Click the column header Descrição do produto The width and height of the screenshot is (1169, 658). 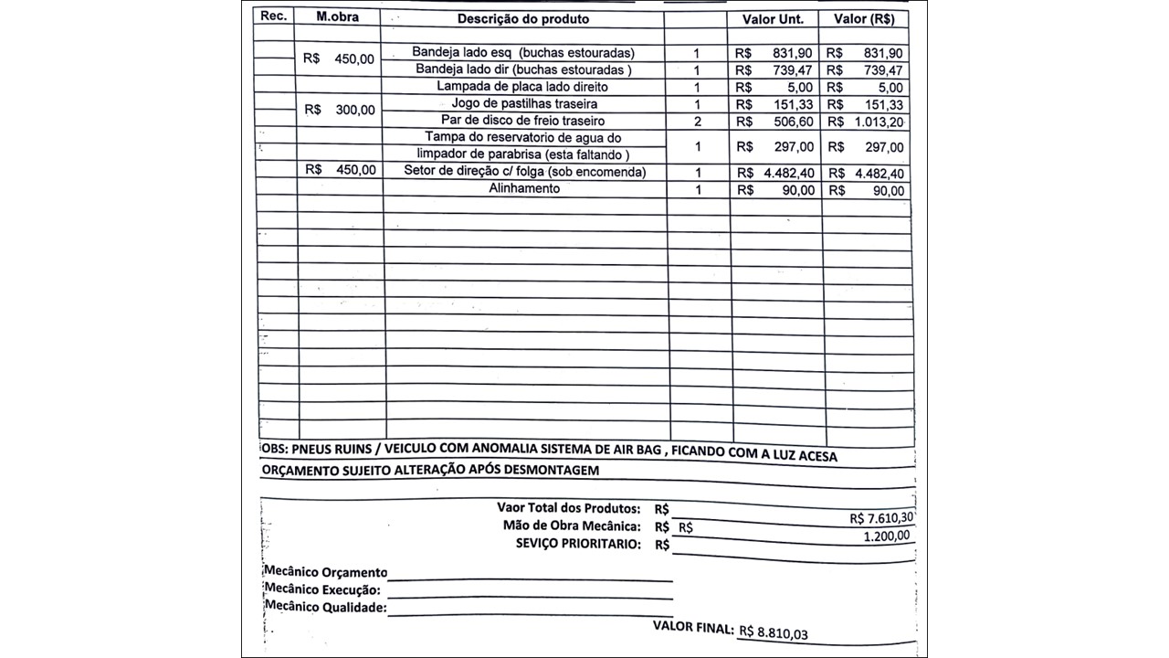pyautogui.click(x=523, y=18)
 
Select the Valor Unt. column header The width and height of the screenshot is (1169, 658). pyautogui.click(x=772, y=19)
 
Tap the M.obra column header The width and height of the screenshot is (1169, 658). pyautogui.click(x=337, y=17)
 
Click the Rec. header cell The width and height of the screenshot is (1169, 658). pyautogui.click(x=274, y=16)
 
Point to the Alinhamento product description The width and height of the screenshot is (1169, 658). pyautogui.click(x=524, y=188)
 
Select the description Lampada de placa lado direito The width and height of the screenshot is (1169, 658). pyautogui.click(x=522, y=87)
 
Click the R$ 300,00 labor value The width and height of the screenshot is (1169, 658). pyautogui.click(x=340, y=110)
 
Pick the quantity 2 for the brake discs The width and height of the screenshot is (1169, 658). pyautogui.click(x=697, y=122)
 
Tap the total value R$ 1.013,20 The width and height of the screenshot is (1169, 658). pyautogui.click(x=866, y=122)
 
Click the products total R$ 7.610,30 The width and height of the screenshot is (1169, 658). pyautogui.click(x=881, y=518)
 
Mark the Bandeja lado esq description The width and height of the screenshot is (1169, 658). pyautogui.click(x=522, y=52)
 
